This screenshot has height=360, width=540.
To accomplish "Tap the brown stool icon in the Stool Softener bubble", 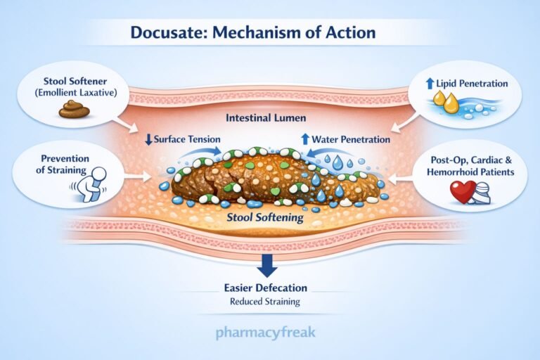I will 75,108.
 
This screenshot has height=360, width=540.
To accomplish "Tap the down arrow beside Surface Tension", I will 148,139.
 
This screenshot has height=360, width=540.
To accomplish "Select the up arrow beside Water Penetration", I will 305,139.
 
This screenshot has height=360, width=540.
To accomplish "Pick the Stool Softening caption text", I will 264,218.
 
